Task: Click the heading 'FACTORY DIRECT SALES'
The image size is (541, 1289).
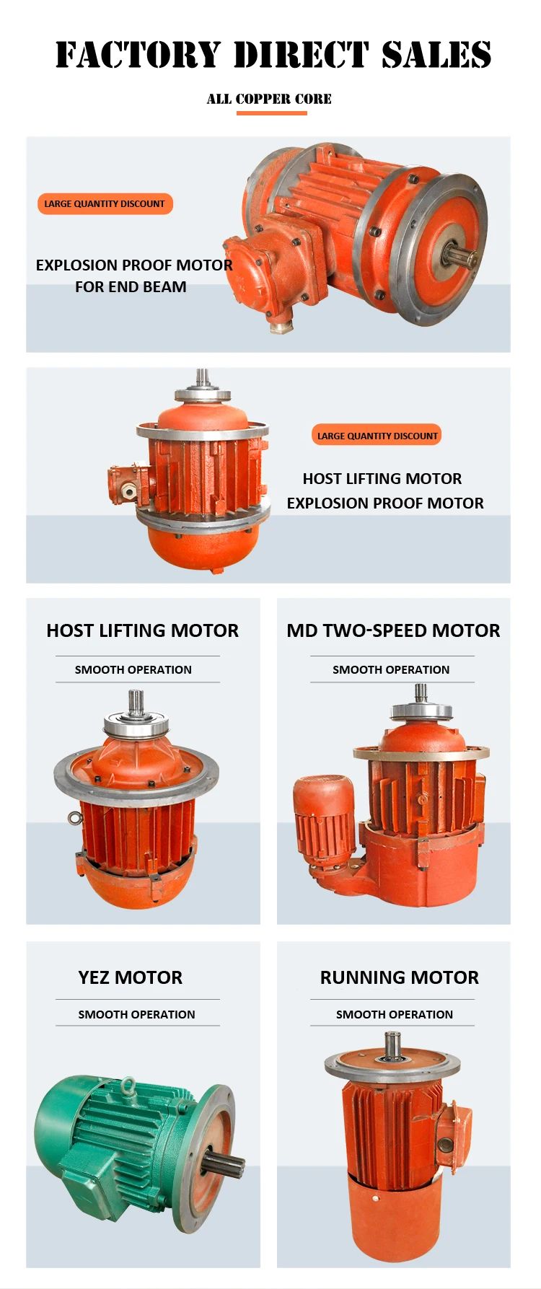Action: pos(273,55)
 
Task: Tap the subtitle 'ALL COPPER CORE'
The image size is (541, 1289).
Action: pos(269,99)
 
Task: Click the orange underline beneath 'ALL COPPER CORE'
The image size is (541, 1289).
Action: pos(271,113)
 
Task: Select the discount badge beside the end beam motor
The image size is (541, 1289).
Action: pos(105,203)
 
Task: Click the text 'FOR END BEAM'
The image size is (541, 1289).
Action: pos(131,286)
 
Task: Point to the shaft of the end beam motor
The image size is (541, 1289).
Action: pos(462,256)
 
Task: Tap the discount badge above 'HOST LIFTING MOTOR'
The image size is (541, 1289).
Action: pos(377,436)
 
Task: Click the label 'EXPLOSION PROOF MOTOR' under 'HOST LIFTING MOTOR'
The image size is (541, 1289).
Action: pos(385,503)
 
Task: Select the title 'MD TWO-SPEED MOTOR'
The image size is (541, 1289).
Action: pos(393,630)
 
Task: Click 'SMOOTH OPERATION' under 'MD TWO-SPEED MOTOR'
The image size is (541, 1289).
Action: pos(391,669)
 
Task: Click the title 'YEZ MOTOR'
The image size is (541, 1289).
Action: pos(131,977)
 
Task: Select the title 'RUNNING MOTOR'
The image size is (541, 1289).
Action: pos(400,977)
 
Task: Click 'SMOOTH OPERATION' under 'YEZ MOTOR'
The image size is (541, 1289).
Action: pos(136,1014)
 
